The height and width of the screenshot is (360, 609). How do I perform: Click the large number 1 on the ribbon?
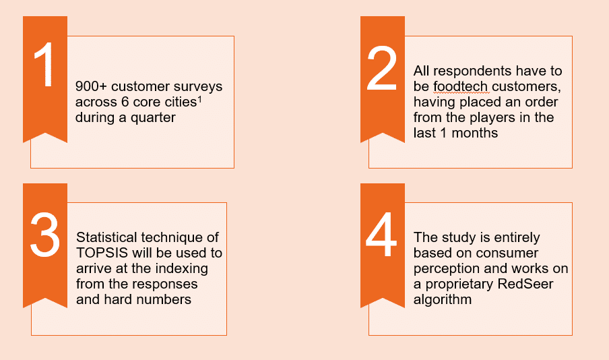(x=44, y=65)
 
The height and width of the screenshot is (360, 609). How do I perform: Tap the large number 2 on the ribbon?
(x=382, y=68)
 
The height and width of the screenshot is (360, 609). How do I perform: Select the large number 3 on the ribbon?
(x=45, y=235)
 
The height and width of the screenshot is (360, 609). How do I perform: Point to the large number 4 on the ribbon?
(x=381, y=235)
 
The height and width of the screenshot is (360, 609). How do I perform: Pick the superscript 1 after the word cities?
(x=199, y=100)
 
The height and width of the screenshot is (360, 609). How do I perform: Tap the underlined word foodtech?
(x=461, y=86)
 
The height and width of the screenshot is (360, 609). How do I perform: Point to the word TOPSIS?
(x=102, y=253)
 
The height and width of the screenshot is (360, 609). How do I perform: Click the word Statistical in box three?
(x=106, y=237)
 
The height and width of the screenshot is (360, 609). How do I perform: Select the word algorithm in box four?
(x=443, y=300)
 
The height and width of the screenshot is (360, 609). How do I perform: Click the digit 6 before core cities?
(x=125, y=102)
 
